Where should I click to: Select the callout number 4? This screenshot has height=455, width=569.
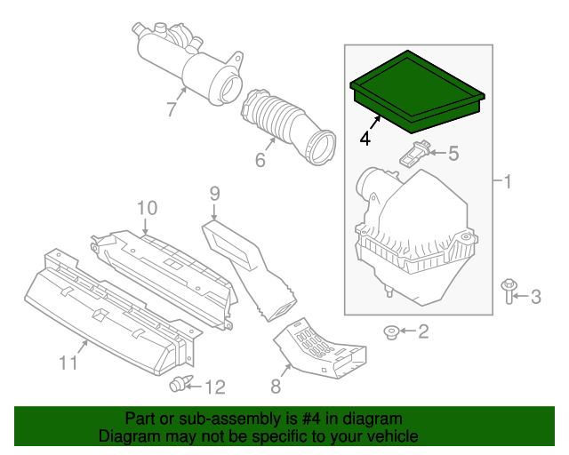[365, 139]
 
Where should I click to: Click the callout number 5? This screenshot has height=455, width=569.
[453, 154]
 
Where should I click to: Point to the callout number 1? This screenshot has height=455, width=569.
[507, 183]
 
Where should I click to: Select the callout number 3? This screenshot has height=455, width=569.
[535, 296]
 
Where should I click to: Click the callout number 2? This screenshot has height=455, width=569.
[423, 332]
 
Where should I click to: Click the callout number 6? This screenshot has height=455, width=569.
[260, 161]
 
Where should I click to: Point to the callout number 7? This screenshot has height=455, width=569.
[172, 109]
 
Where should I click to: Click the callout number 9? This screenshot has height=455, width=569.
[214, 192]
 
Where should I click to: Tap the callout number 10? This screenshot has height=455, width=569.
[147, 208]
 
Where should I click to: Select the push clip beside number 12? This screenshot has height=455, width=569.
[180, 385]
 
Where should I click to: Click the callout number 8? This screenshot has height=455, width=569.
[276, 386]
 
